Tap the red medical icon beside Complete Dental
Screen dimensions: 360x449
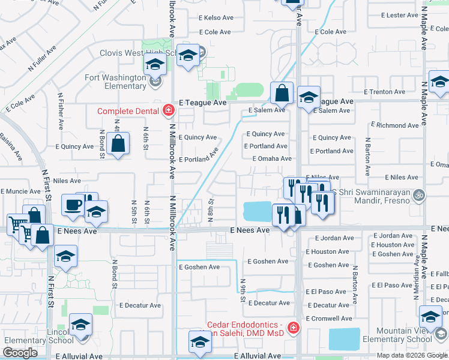[169, 110]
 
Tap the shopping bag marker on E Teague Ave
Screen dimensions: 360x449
[282, 93]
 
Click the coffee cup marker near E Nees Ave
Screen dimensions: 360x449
[73, 205]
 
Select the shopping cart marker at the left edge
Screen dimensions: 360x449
[16, 226]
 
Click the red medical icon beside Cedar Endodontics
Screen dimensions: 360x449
[293, 328]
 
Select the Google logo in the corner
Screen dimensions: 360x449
[20, 353]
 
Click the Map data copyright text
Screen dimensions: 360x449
[412, 355]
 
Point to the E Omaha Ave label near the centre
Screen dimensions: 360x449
[272, 159]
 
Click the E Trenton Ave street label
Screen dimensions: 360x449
[385, 92]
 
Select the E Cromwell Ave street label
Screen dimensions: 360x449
[329, 319]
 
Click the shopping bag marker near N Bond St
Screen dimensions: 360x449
[119, 144]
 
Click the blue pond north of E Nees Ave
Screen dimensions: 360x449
[258, 211]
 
